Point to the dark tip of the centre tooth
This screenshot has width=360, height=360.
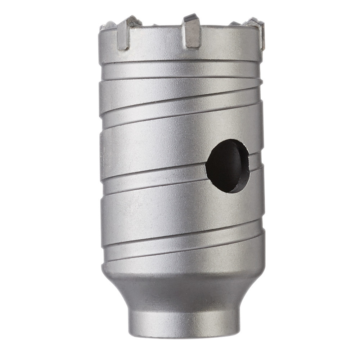[x=190, y=17]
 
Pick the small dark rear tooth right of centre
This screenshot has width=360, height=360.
[x=234, y=23]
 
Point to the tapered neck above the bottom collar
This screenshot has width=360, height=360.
[x=184, y=292]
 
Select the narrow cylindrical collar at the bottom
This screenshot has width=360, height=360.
[x=184, y=322]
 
